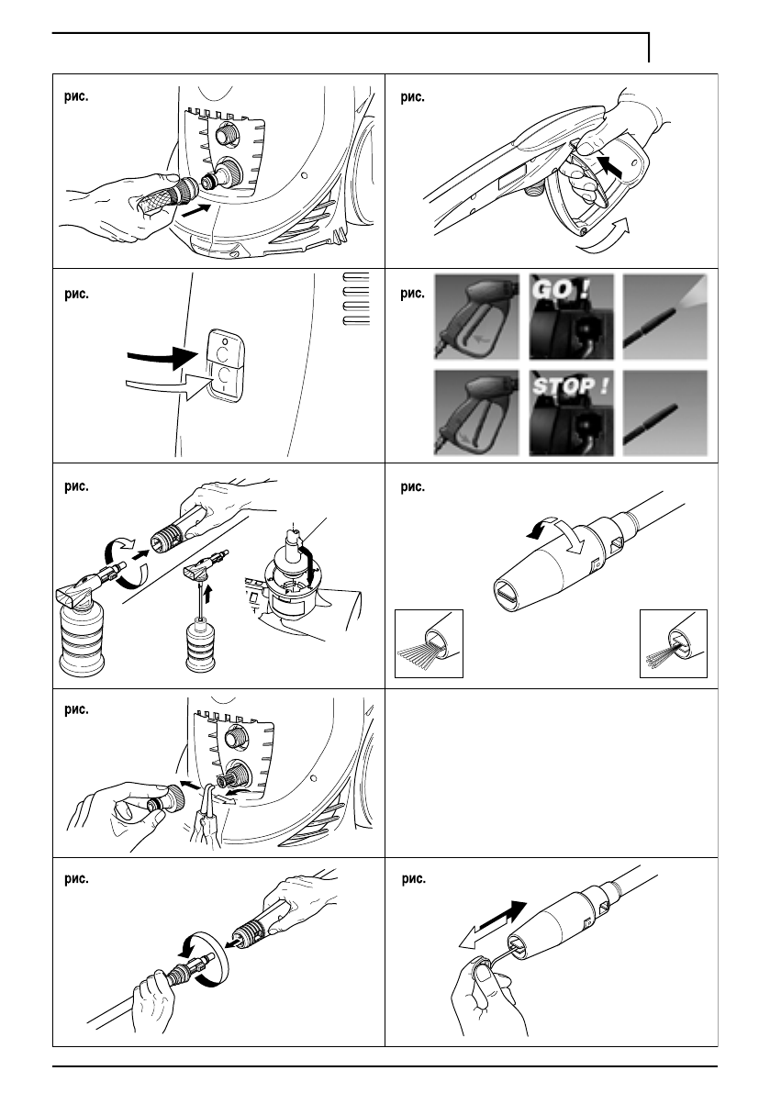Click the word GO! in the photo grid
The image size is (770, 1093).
[561, 288]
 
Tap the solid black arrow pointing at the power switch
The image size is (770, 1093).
[163, 358]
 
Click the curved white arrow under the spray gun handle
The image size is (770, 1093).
[604, 236]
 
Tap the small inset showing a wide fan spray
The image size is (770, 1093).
[430, 643]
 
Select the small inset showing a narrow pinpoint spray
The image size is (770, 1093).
[673, 643]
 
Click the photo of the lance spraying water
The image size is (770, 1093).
[664, 317]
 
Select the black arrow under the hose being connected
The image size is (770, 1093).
[195, 212]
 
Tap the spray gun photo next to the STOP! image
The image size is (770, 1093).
[476, 413]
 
